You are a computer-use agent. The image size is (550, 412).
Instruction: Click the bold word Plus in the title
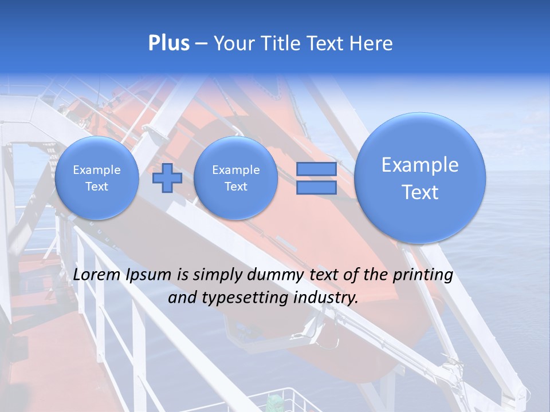168,43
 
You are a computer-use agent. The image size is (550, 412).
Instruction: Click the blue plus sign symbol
167,178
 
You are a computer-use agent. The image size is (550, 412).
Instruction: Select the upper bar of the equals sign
316,169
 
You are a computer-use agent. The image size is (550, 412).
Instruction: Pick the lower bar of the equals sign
316,188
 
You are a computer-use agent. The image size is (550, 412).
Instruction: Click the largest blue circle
420,178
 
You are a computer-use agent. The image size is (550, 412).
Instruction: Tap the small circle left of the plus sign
96,178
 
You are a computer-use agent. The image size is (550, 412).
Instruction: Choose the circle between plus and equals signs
235,178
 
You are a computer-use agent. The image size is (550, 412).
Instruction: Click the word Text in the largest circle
420,193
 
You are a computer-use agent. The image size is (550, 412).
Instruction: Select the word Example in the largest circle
420,165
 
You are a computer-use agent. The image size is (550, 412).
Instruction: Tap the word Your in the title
231,43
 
